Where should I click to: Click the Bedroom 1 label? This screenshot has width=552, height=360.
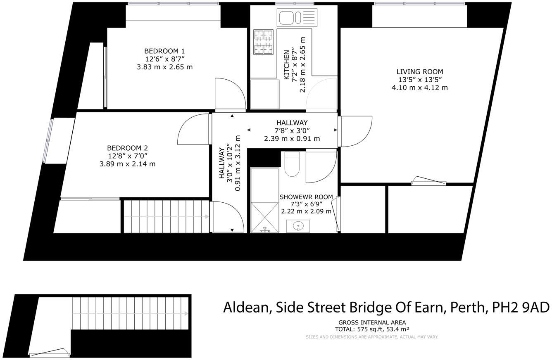pos(164,51)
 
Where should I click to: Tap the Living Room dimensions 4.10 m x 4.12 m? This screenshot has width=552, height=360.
pos(419,88)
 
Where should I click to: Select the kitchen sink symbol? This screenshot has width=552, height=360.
pos(297,18)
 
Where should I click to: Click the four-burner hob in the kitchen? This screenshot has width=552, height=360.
pos(264,42)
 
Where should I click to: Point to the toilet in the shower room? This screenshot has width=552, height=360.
pos(292,164)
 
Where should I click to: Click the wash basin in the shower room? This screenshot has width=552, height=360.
pos(298,226)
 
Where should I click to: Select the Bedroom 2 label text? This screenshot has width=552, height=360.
pos(127,148)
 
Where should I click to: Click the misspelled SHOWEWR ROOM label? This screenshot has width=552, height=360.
pos(306,197)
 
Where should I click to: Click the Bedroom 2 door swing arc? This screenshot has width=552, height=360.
pos(193,129)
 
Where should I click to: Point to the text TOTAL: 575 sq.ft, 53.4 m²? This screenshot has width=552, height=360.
pos(372,329)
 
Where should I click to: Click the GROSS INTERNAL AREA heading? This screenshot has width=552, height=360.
pos(372,322)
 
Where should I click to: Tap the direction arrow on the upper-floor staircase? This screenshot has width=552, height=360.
pos(207,216)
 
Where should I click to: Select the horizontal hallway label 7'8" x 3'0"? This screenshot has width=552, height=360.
pos(292,130)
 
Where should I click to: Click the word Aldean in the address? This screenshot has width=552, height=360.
pos(246,308)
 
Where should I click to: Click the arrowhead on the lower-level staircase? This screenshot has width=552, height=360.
pos(186,314)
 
